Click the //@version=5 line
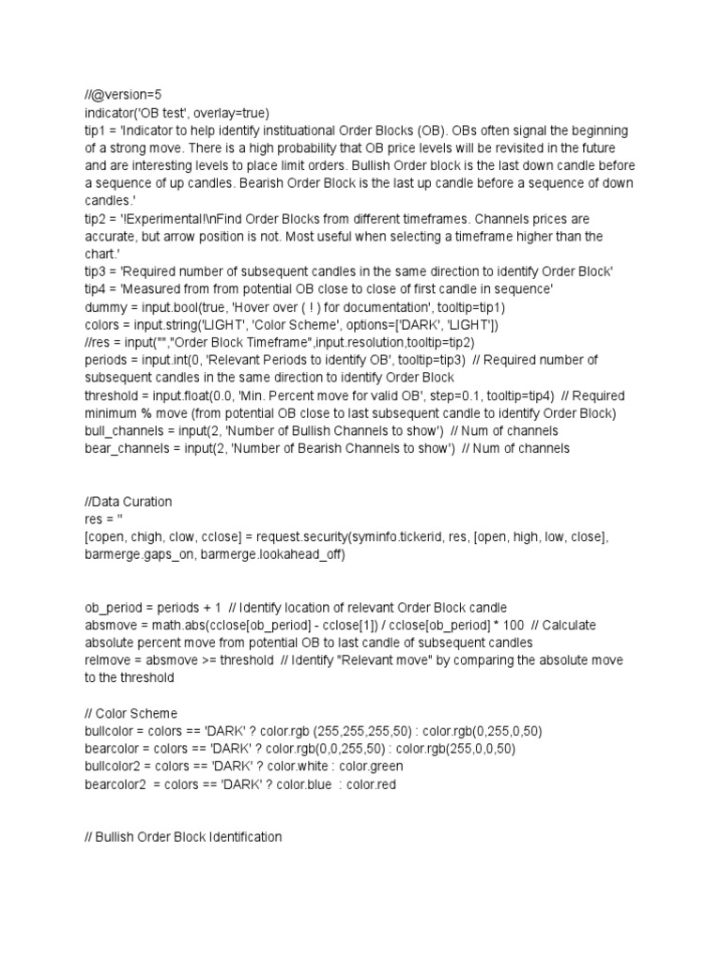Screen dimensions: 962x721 click(x=122, y=95)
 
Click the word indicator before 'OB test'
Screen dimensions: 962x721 click(x=109, y=112)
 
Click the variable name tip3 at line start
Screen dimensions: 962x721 click(x=95, y=271)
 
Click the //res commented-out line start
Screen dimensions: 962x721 click(x=97, y=342)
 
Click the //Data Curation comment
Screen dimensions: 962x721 click(x=128, y=502)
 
